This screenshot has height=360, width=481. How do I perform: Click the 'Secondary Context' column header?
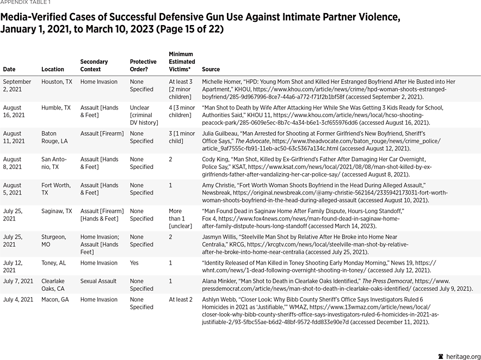tap(94, 65)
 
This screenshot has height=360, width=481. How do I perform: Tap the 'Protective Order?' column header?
tap(143, 65)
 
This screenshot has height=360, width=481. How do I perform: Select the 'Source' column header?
tap(211, 70)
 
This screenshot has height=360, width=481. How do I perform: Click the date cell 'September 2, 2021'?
tap(17, 86)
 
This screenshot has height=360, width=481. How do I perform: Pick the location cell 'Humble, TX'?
tap(56, 108)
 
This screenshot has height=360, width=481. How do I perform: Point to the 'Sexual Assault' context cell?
tap(98, 282)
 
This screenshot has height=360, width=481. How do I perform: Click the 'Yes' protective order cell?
tap(134, 263)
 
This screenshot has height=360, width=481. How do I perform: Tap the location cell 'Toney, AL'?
tap(53, 263)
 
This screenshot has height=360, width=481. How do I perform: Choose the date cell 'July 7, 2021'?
tap(18, 282)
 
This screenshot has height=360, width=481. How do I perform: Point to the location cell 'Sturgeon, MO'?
tap(53, 241)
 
